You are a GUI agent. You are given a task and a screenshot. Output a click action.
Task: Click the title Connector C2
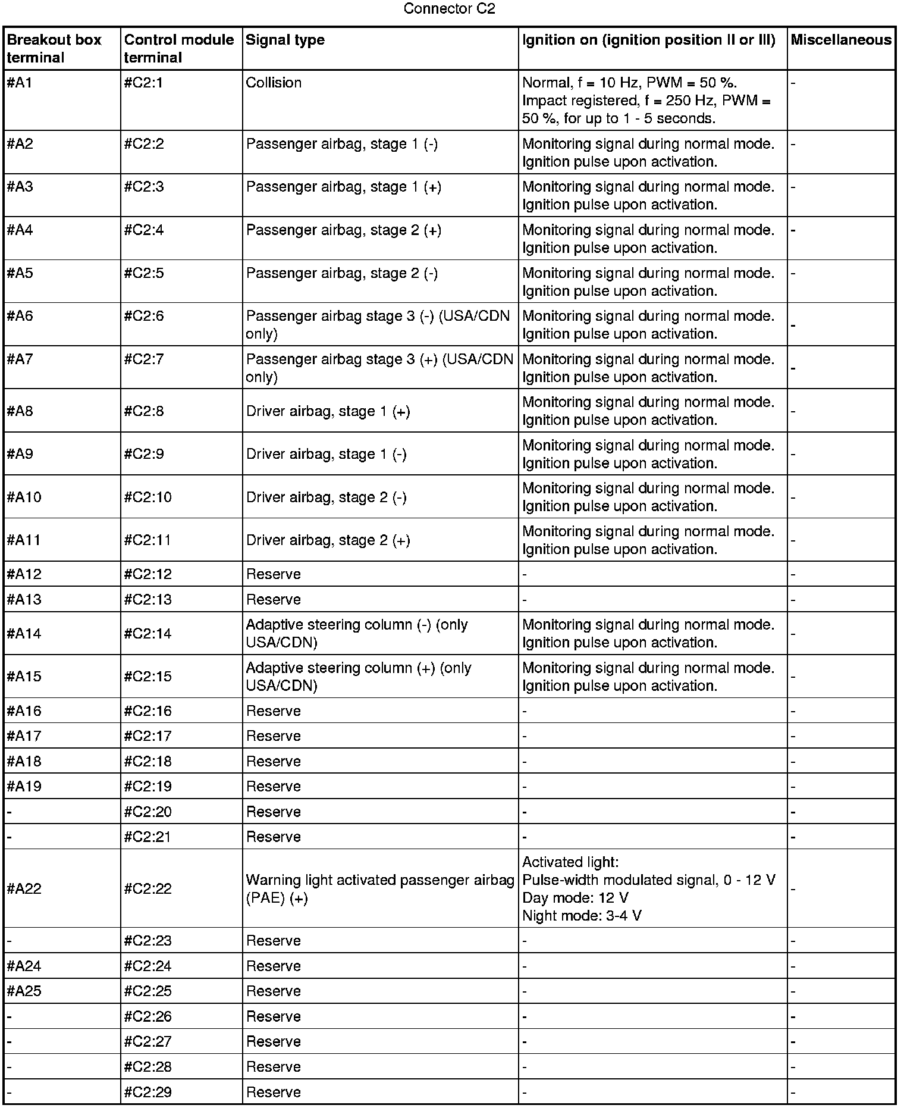[x=449, y=9]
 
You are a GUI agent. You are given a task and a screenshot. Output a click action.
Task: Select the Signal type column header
[x=285, y=40]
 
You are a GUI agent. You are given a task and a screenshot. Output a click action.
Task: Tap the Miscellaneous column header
[x=841, y=40]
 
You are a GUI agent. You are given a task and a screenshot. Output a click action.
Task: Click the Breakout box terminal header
[x=54, y=49]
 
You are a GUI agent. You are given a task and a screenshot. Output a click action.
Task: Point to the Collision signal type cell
[x=274, y=83]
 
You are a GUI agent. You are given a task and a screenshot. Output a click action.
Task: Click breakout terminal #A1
[x=20, y=83]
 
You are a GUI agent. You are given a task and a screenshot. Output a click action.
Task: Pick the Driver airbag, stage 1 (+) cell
[x=328, y=411]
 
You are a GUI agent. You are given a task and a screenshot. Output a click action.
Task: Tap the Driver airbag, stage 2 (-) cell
[x=327, y=497]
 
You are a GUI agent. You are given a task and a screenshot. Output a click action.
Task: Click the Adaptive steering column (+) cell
[x=359, y=677]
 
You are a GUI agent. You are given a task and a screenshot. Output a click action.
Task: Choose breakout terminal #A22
[x=24, y=888]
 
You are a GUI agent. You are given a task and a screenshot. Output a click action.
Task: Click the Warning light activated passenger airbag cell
[x=380, y=888]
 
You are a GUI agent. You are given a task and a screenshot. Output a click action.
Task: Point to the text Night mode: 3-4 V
[x=582, y=916]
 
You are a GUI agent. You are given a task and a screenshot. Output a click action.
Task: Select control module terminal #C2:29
[x=147, y=1092]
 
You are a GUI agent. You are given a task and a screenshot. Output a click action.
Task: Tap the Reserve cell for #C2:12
[x=274, y=574]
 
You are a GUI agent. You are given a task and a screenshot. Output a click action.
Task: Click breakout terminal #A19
[x=24, y=787]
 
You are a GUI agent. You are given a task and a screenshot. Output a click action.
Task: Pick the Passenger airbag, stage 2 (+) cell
[x=344, y=230]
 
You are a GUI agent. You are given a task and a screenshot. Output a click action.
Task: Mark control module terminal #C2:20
[x=147, y=812]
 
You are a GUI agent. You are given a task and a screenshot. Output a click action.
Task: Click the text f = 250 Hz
[x=678, y=101]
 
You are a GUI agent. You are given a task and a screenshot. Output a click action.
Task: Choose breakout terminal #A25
[x=24, y=991]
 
